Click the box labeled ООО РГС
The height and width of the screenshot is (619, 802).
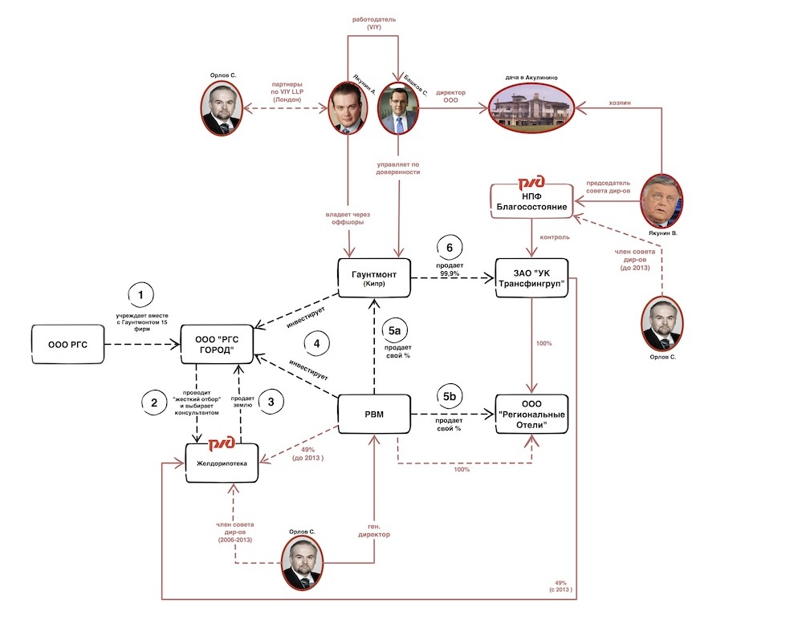click(x=68, y=344)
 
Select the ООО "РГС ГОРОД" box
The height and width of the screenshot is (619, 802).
click(x=217, y=344)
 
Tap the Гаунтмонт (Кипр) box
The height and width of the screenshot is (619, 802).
click(x=374, y=278)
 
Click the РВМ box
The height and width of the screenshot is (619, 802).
click(x=374, y=415)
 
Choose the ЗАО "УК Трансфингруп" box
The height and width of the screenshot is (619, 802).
click(x=532, y=278)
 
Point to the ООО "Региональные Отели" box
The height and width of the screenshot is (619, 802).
click(x=532, y=415)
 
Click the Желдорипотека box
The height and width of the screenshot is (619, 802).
click(x=222, y=463)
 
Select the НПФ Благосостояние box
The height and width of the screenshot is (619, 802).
click(x=531, y=201)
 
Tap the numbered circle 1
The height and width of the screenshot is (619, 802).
click(x=140, y=295)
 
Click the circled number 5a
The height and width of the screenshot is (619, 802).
click(x=394, y=331)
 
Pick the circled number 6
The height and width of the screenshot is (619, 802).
click(x=450, y=248)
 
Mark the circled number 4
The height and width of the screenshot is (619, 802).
click(x=316, y=344)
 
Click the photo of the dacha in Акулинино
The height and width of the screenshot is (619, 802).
click(x=531, y=107)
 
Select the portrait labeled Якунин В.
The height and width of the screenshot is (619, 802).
click(x=662, y=201)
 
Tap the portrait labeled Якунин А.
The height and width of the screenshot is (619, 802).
click(x=348, y=107)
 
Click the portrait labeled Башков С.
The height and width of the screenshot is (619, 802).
click(x=398, y=107)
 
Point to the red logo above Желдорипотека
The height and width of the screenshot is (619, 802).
click(x=222, y=443)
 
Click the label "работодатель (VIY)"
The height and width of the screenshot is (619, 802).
click(x=374, y=23)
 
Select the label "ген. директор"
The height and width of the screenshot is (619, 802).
click(x=374, y=530)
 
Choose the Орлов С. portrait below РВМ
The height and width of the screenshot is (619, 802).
click(x=303, y=564)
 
